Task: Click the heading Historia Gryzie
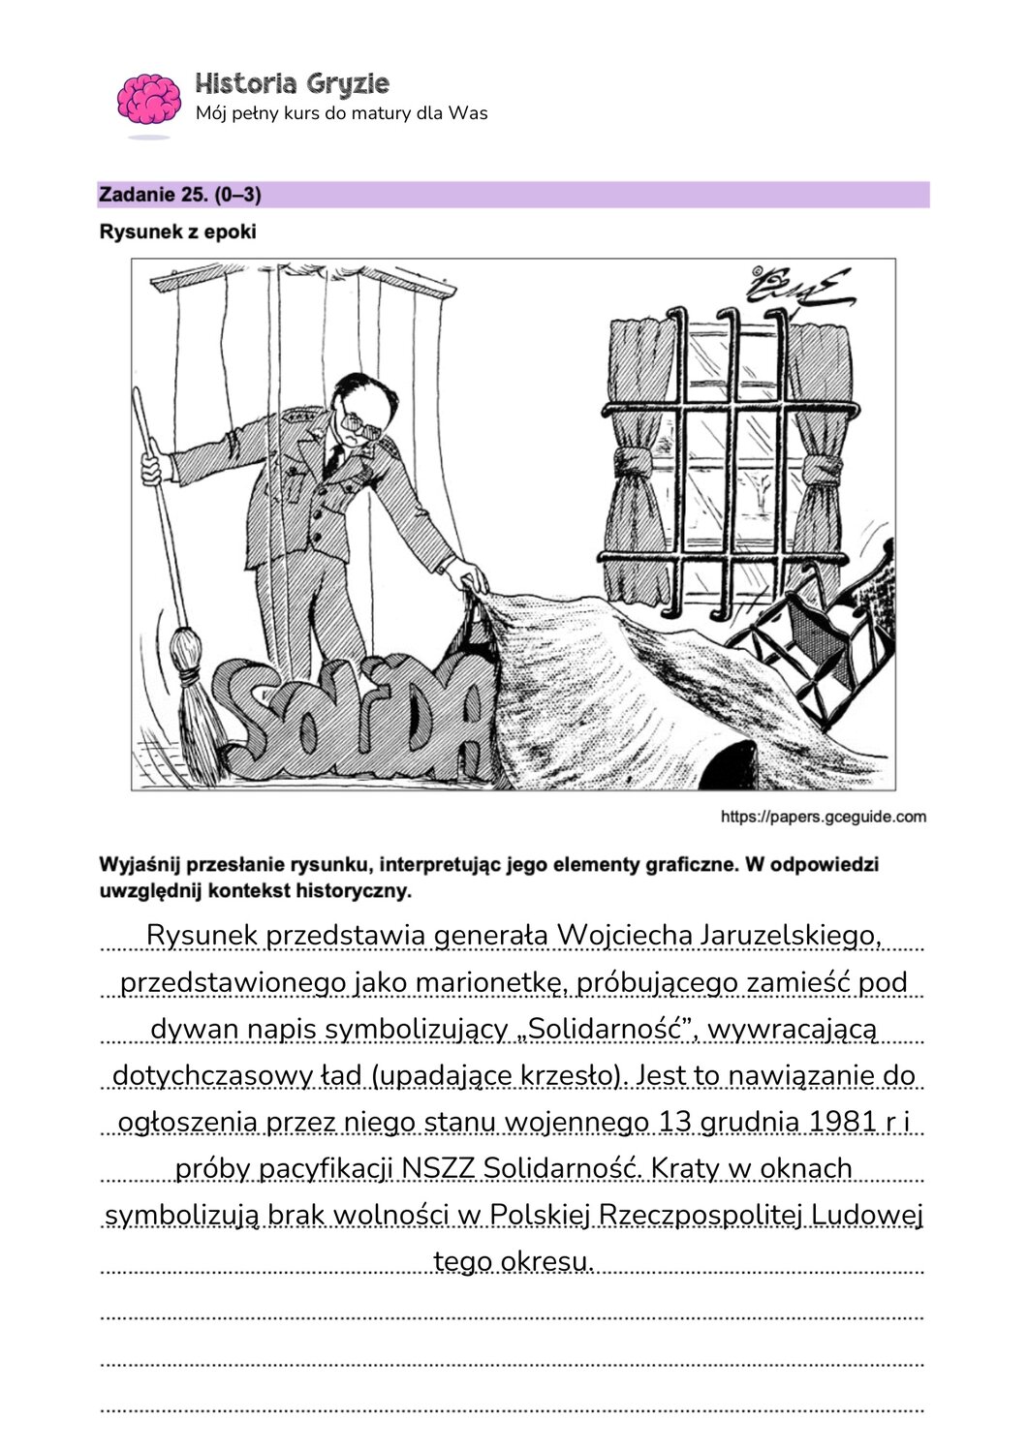click(x=292, y=83)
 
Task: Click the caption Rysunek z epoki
click(x=177, y=232)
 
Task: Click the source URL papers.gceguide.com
click(x=823, y=817)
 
